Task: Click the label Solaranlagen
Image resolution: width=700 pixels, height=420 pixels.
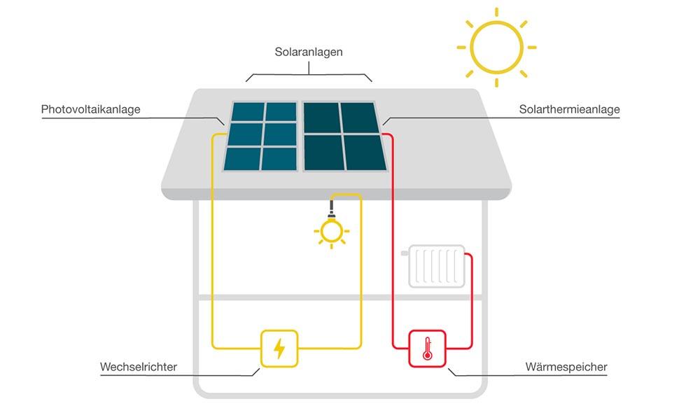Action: coord(309,52)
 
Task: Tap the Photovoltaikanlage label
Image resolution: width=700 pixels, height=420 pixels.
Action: coord(91,109)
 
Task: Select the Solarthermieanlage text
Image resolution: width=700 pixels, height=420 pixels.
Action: coord(569,109)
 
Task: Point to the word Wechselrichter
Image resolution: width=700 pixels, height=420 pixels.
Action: coord(139,367)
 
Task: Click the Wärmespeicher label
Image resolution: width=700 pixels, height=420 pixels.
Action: coord(566,367)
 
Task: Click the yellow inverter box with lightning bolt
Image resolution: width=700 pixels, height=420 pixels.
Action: coord(279,349)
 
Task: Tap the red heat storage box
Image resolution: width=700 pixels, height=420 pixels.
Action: coord(427,349)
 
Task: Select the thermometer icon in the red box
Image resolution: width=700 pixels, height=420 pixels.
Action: coord(427,349)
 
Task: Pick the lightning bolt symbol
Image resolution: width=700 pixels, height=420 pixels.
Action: coord(279,349)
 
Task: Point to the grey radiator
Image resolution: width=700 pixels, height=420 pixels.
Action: coord(437,266)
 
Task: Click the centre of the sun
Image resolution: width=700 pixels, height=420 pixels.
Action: coord(496,48)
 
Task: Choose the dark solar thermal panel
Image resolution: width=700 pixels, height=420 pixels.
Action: coord(344,136)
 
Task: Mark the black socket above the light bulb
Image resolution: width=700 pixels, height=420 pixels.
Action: coord(331,208)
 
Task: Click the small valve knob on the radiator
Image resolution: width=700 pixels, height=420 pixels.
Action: coord(405,253)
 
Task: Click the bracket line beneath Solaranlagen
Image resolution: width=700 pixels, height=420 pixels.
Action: coord(309,73)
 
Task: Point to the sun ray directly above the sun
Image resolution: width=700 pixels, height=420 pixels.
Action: coord(496,13)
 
